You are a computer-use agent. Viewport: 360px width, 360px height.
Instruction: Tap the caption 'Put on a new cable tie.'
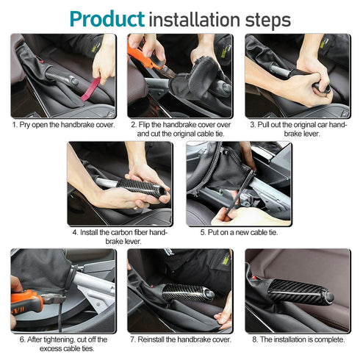(242, 233)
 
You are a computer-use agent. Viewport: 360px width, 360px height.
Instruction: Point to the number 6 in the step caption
(15, 339)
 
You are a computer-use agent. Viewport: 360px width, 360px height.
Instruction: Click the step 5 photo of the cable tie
(238, 184)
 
